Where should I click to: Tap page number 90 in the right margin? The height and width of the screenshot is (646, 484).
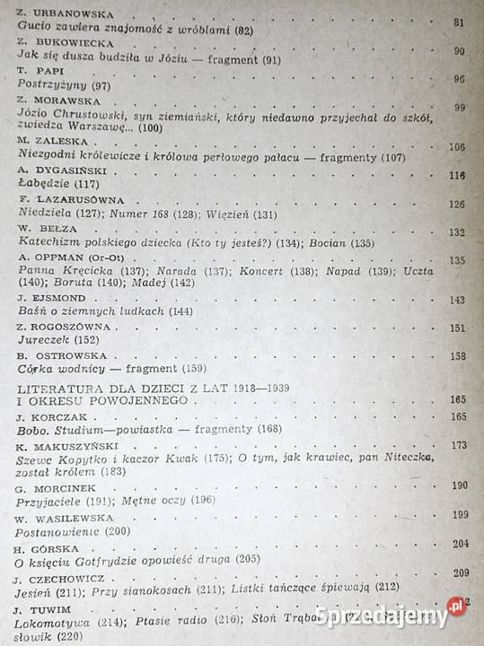click(x=459, y=51)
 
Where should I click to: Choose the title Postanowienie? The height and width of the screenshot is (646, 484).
click(x=55, y=530)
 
